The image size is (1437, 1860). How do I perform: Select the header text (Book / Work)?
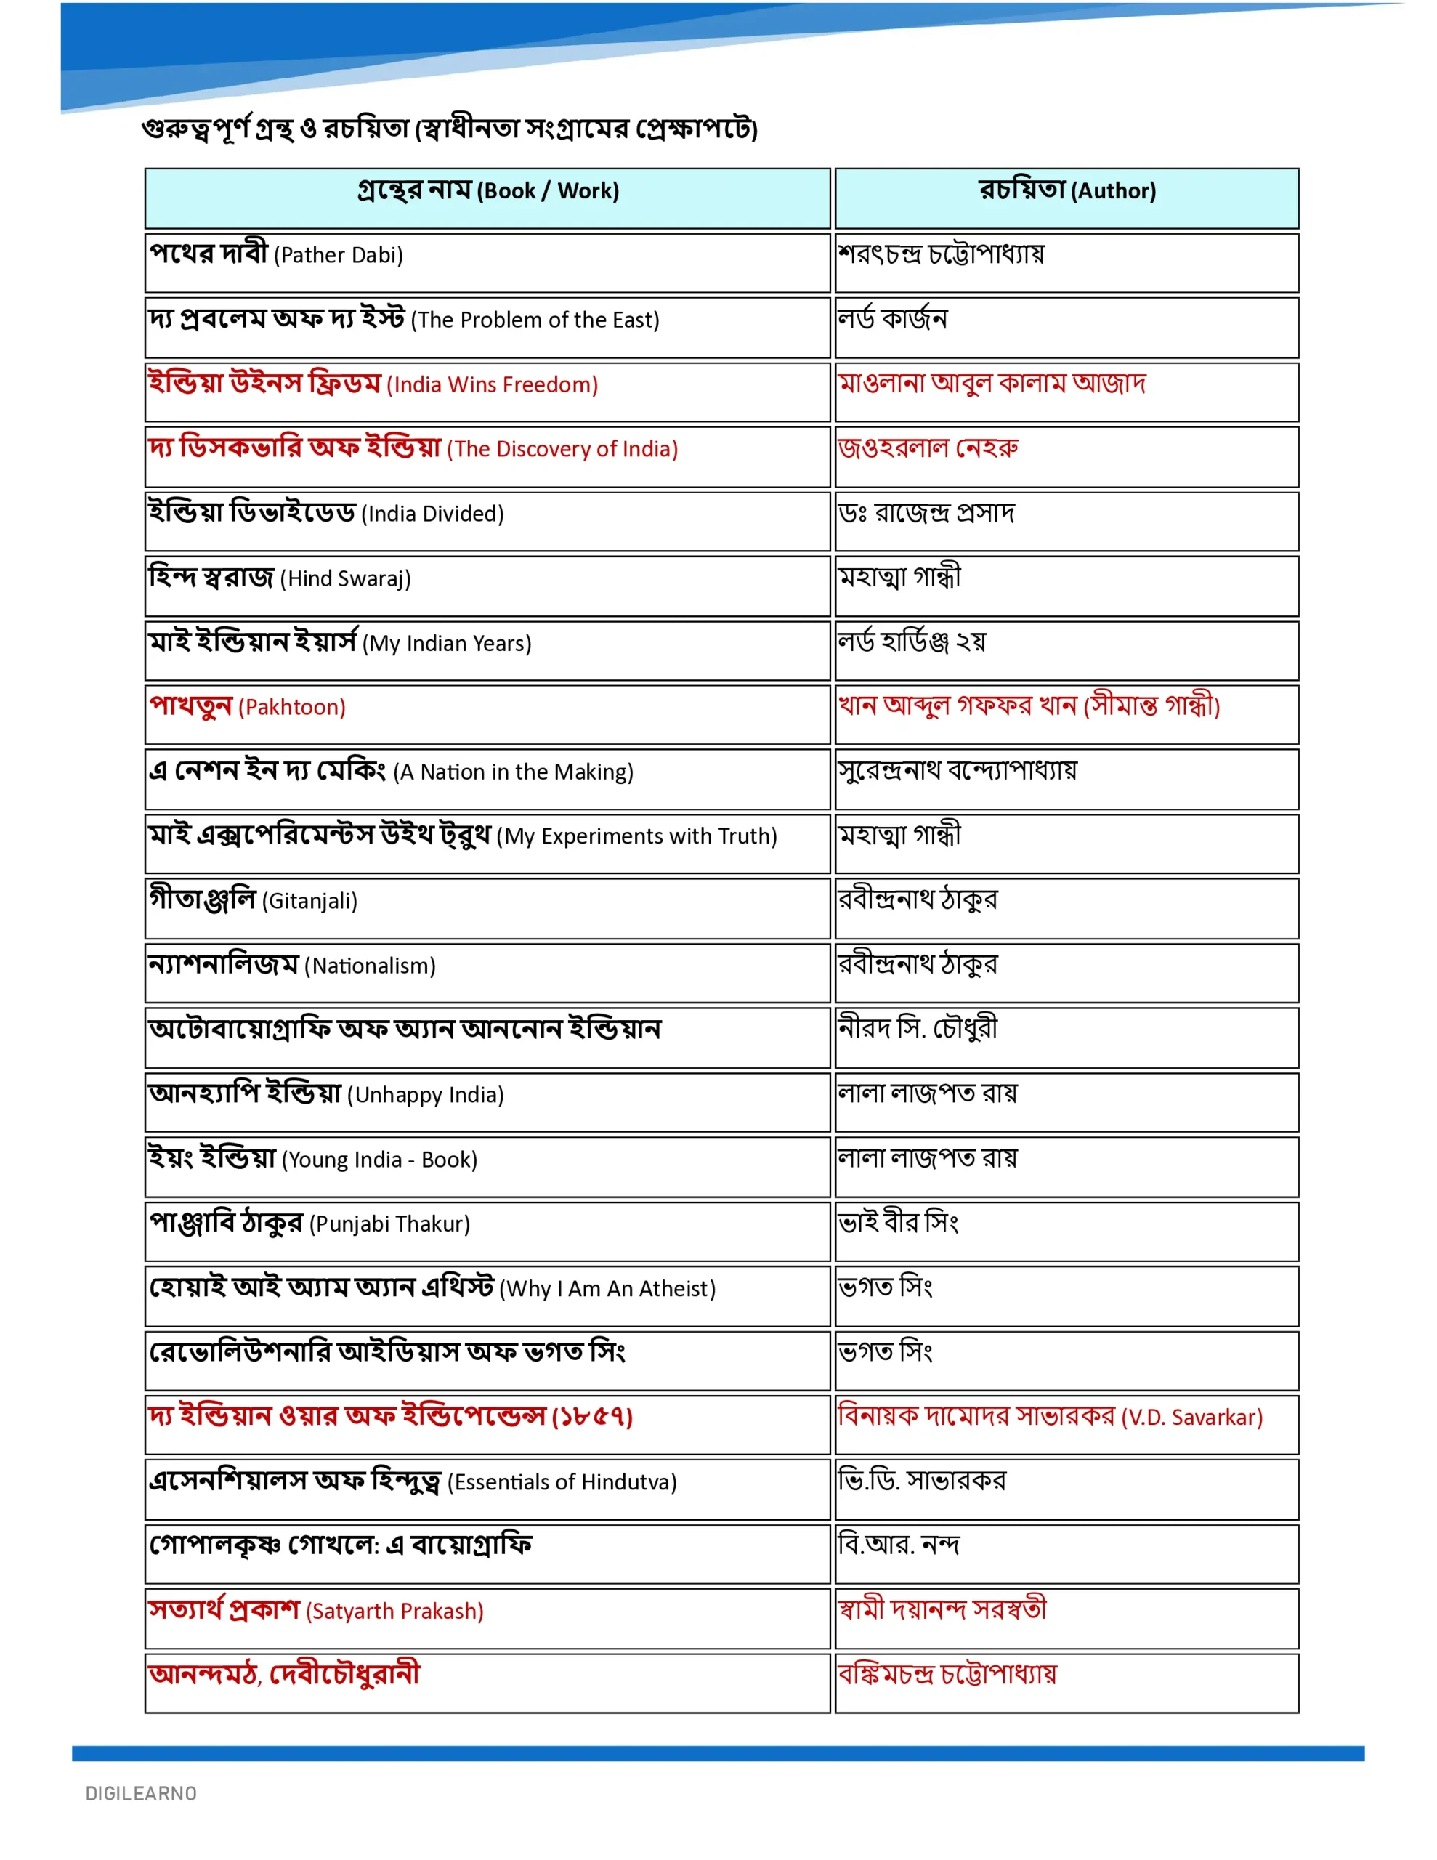point(547,191)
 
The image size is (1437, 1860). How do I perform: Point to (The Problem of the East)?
point(535,320)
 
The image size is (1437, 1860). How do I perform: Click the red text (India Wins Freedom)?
point(493,385)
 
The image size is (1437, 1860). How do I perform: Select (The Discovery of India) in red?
point(562,450)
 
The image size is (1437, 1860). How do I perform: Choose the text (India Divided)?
point(433,514)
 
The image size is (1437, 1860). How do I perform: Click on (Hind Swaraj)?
point(345,579)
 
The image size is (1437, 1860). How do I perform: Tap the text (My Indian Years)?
point(446,644)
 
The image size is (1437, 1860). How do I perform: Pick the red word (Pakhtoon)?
point(291,708)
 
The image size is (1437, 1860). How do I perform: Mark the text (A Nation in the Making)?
point(513,772)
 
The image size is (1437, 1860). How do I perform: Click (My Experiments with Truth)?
point(636,837)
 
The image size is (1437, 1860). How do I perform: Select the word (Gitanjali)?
point(309,901)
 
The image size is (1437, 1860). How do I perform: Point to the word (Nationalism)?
point(370,966)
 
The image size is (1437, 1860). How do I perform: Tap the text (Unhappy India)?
point(425,1095)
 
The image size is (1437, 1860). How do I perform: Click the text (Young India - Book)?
point(379,1160)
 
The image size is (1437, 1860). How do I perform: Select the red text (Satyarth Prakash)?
point(394,1612)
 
